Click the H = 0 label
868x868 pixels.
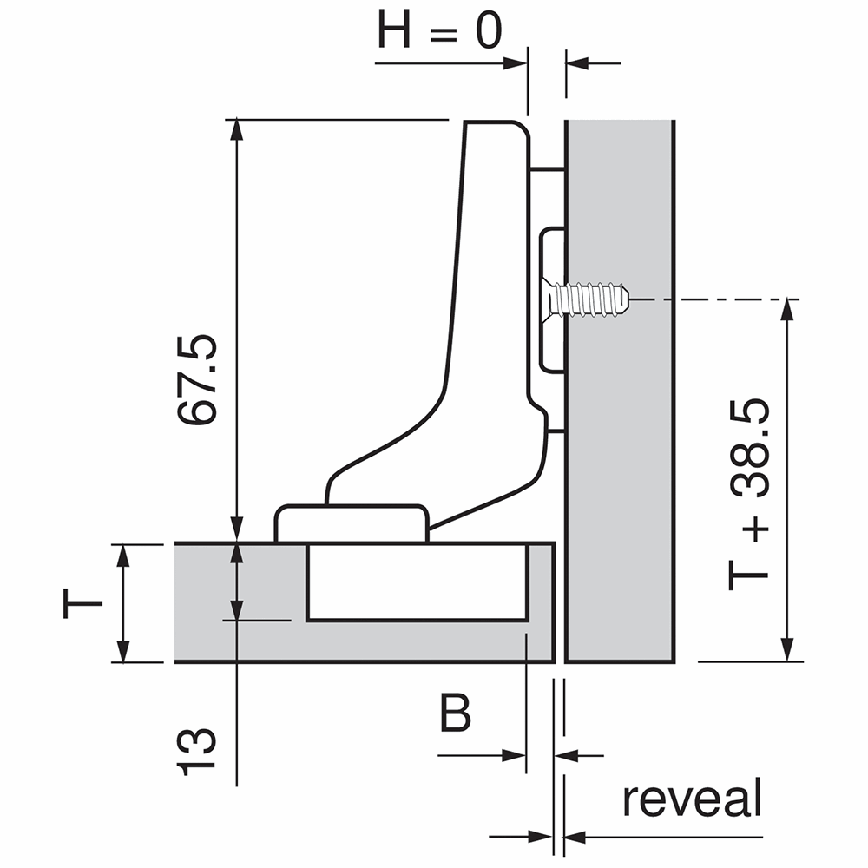pos(439,30)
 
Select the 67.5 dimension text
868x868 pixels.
pos(197,380)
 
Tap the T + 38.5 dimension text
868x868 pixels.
pos(748,496)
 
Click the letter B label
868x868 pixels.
pos(455,713)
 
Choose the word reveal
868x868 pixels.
pos(693,798)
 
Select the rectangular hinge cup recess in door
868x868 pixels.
pos(417,582)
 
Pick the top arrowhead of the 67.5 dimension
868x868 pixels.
pos(237,129)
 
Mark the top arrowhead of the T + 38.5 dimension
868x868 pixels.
pos(787,310)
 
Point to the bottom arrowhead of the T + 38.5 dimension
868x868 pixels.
pos(787,650)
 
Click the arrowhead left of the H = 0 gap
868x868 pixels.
pos(515,63)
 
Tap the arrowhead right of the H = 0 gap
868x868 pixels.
pos(577,63)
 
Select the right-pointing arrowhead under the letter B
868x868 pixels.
pos(514,755)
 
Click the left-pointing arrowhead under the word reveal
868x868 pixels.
pos(575,837)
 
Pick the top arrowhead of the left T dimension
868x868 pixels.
pos(123,556)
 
